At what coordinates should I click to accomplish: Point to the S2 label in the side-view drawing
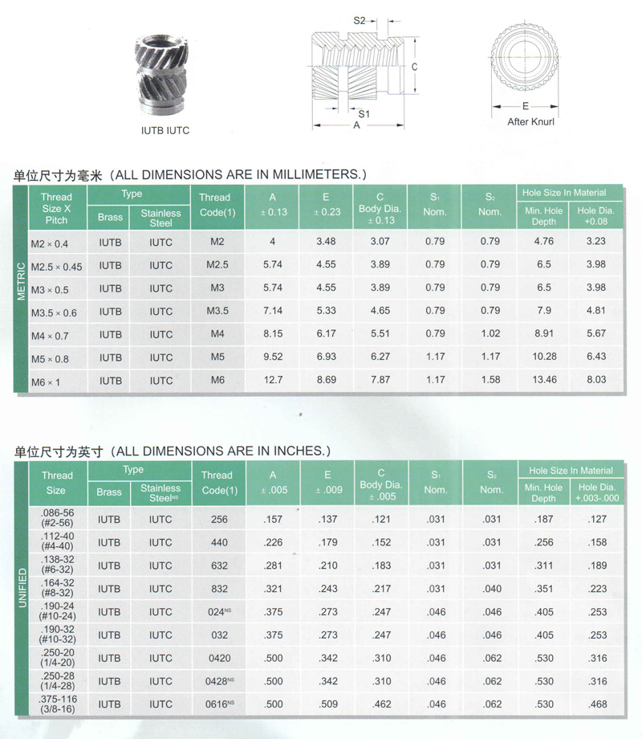[x=360, y=20]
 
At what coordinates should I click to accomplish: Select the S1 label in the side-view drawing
[x=364, y=114]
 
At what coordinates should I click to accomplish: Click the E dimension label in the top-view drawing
[x=524, y=105]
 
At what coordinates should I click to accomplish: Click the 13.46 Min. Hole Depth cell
[x=543, y=379]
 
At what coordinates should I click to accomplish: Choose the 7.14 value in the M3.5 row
[x=273, y=310]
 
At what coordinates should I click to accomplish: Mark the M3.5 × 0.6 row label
[x=54, y=312]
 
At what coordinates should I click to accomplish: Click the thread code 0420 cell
[x=219, y=658]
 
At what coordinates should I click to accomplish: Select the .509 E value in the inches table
[x=327, y=704]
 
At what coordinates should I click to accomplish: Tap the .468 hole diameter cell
[x=596, y=704]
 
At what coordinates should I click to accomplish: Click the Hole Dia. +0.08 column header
[x=596, y=215]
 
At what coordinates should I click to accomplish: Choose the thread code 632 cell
[x=219, y=565]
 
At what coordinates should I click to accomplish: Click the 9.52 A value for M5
[x=273, y=356]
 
